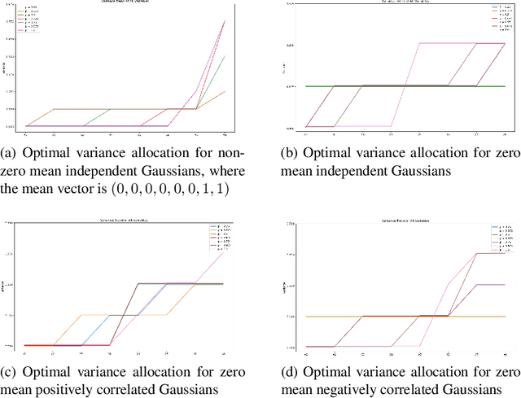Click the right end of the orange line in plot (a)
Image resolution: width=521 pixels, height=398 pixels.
coord(225,91)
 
